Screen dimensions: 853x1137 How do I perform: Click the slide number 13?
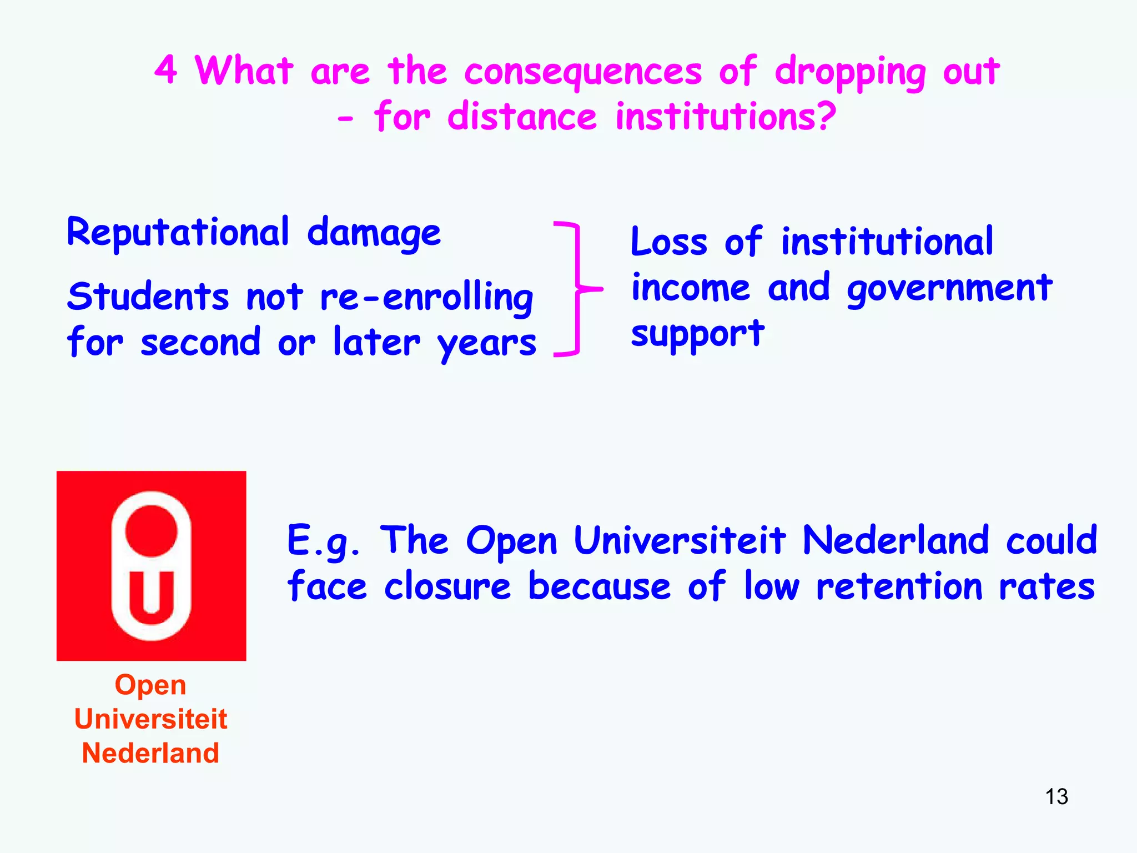click(x=1056, y=796)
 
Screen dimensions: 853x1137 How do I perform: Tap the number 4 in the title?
click(x=166, y=71)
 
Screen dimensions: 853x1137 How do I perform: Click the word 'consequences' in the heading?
click(x=583, y=72)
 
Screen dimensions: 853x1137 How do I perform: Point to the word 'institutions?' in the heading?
click(x=726, y=117)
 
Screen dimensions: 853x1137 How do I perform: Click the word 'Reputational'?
click(x=178, y=233)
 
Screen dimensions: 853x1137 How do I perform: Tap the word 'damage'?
click(x=374, y=234)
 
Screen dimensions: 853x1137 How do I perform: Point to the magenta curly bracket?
click(x=577, y=289)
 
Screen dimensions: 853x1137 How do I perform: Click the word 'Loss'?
click(x=669, y=242)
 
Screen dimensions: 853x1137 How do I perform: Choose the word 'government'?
click(x=949, y=289)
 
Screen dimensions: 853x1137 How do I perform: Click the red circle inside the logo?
click(x=151, y=531)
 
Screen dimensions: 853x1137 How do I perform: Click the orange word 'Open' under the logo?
click(x=150, y=685)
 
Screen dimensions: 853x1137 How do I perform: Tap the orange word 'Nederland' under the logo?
click(x=150, y=753)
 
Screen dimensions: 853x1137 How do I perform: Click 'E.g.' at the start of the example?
click(x=323, y=541)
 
